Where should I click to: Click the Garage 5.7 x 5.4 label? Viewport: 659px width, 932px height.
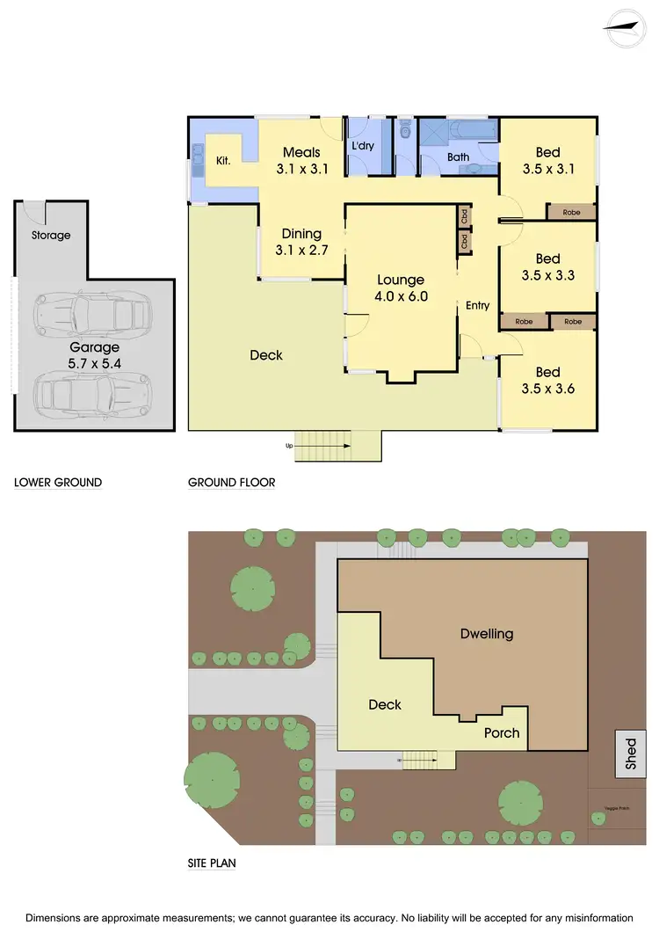pyautogui.click(x=95, y=354)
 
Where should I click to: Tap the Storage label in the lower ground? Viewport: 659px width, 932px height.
pyautogui.click(x=51, y=236)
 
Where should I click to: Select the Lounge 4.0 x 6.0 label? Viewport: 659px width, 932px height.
pyautogui.click(x=401, y=288)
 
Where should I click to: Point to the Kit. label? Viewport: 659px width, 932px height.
pyautogui.click(x=223, y=161)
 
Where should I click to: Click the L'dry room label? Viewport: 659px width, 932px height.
pyautogui.click(x=363, y=146)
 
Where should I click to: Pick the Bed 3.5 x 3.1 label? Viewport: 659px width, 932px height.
pyautogui.click(x=547, y=161)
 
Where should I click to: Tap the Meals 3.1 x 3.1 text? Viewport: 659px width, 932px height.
pyautogui.click(x=301, y=161)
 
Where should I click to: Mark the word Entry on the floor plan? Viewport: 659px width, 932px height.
pyautogui.click(x=477, y=305)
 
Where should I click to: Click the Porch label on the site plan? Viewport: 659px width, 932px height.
pyautogui.click(x=502, y=732)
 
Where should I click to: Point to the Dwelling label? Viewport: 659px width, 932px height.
pyautogui.click(x=487, y=634)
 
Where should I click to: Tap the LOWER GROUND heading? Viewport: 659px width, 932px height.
pyautogui.click(x=57, y=483)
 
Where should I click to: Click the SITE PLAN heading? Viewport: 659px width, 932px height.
pyautogui.click(x=212, y=863)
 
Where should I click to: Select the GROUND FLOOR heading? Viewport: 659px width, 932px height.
pyautogui.click(x=232, y=483)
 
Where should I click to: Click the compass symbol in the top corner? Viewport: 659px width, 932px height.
pyautogui.click(x=625, y=25)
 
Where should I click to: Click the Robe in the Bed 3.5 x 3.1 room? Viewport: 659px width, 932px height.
pyautogui.click(x=571, y=212)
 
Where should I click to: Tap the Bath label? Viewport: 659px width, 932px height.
pyautogui.click(x=458, y=157)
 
